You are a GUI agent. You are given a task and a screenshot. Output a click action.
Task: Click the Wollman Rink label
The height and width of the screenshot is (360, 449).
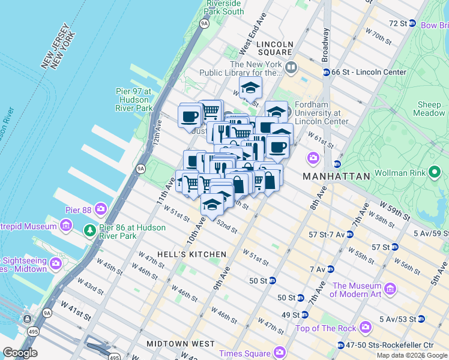click(399, 173)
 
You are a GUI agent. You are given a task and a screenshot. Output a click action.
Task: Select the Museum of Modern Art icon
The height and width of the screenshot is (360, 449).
click(391, 290)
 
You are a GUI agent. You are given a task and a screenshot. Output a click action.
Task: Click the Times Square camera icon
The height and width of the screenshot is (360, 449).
click(279, 352)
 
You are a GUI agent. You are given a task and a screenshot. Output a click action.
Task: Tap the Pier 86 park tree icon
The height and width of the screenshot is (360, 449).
click(89, 229)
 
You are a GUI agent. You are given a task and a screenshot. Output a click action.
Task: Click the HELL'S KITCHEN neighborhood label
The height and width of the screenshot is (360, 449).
click(183, 254)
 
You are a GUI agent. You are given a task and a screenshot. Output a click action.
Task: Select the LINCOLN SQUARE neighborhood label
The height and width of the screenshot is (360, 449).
click(274, 49)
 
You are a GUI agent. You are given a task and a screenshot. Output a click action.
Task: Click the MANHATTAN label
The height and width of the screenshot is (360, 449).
click(336, 176)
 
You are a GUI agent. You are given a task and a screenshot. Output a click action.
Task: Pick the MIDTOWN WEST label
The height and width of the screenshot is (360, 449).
click(181, 344)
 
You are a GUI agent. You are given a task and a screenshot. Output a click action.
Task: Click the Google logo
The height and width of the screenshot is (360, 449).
click(20, 353)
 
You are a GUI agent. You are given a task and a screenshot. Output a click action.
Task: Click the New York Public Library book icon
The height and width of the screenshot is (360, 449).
click(291, 67)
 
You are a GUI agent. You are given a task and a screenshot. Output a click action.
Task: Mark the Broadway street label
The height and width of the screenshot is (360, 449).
click(326, 45)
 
